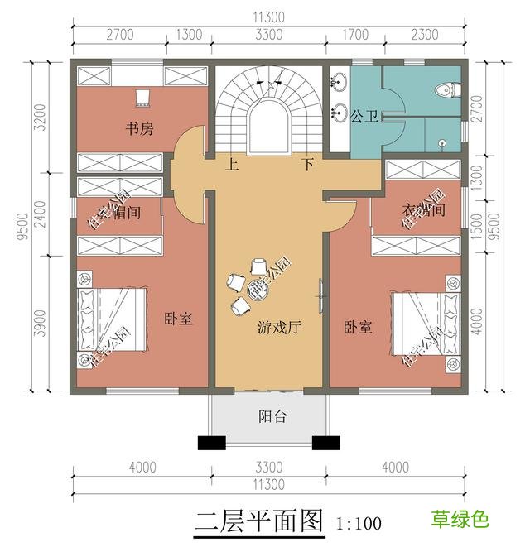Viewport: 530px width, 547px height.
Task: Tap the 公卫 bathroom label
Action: pos(364,117)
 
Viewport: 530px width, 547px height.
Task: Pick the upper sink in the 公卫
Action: pos(340,83)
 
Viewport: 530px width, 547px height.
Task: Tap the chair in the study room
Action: pos(142,98)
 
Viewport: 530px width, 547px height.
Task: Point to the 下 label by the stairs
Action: pos(307,165)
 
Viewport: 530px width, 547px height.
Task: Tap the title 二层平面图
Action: pos(258,521)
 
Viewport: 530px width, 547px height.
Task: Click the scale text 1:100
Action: pos(359,523)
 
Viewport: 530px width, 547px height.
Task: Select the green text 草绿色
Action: pos(460,520)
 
